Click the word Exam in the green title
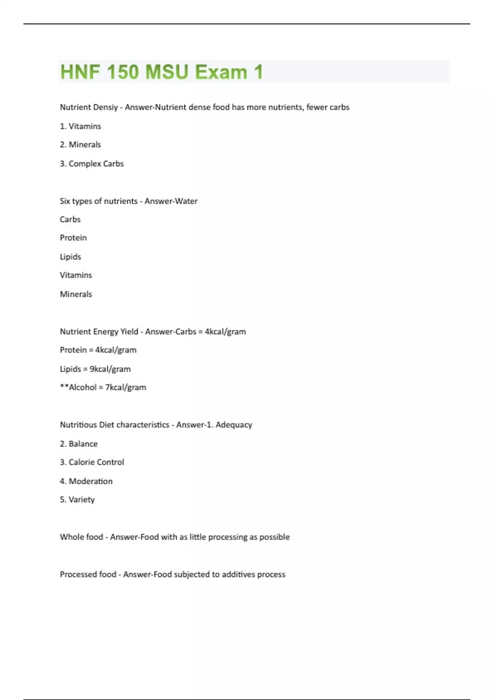pyautogui.click(x=221, y=72)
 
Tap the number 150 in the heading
pyautogui.click(x=122, y=72)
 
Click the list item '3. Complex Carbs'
pyautogui.click(x=91, y=163)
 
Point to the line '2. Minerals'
pyautogui.click(x=80, y=145)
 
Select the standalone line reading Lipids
pyautogui.click(x=70, y=257)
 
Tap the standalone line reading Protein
pyautogui.click(x=73, y=238)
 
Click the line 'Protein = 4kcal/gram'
pyautogui.click(x=98, y=350)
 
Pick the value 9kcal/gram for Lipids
pyautogui.click(x=110, y=369)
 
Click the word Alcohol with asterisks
pyautogui.click(x=82, y=387)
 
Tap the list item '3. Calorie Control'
pyautogui.click(x=92, y=462)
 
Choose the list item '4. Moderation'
pyautogui.click(x=86, y=481)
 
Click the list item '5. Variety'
pyautogui.click(x=77, y=499)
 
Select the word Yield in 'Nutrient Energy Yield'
pyautogui.click(x=129, y=331)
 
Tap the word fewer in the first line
pyautogui.click(x=317, y=107)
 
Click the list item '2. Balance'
pyautogui.click(x=79, y=443)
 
